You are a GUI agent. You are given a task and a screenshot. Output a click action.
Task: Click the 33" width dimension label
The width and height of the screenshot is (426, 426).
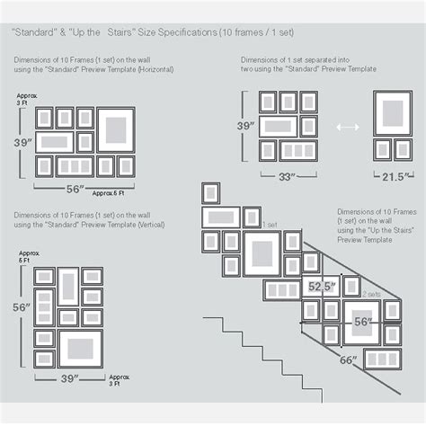pyautogui.click(x=287, y=177)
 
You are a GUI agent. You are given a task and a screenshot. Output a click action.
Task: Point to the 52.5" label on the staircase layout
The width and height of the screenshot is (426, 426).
pyautogui.click(x=322, y=287)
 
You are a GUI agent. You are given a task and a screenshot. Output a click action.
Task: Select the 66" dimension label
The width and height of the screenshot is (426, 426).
pyautogui.click(x=348, y=359)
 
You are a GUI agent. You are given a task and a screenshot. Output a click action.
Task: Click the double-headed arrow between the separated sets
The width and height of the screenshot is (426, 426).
pyautogui.click(x=346, y=128)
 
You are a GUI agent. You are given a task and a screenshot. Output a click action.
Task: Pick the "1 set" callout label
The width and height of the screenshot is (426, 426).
pyautogui.click(x=269, y=226)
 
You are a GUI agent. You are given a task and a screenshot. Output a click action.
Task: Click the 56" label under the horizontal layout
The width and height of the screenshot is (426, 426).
pyautogui.click(x=75, y=190)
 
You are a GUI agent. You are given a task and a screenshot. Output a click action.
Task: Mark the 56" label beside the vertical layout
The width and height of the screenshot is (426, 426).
pyautogui.click(x=20, y=307)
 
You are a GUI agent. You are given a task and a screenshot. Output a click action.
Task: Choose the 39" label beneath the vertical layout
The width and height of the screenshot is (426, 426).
pyautogui.click(x=69, y=379)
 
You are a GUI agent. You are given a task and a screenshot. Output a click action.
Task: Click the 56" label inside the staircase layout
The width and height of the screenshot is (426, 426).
pyautogui.click(x=362, y=322)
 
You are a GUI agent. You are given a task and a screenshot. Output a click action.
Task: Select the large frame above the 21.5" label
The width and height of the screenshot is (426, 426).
pyautogui.click(x=393, y=111)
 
